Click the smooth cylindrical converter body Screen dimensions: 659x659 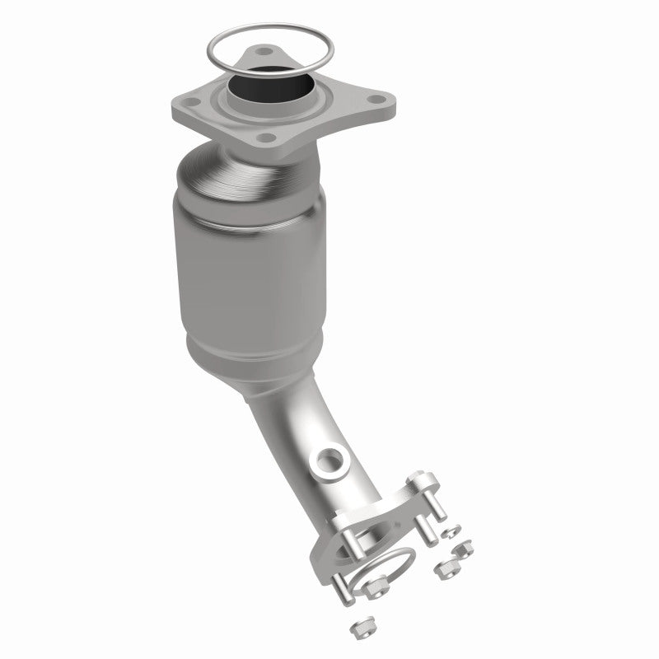tap(247, 264)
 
